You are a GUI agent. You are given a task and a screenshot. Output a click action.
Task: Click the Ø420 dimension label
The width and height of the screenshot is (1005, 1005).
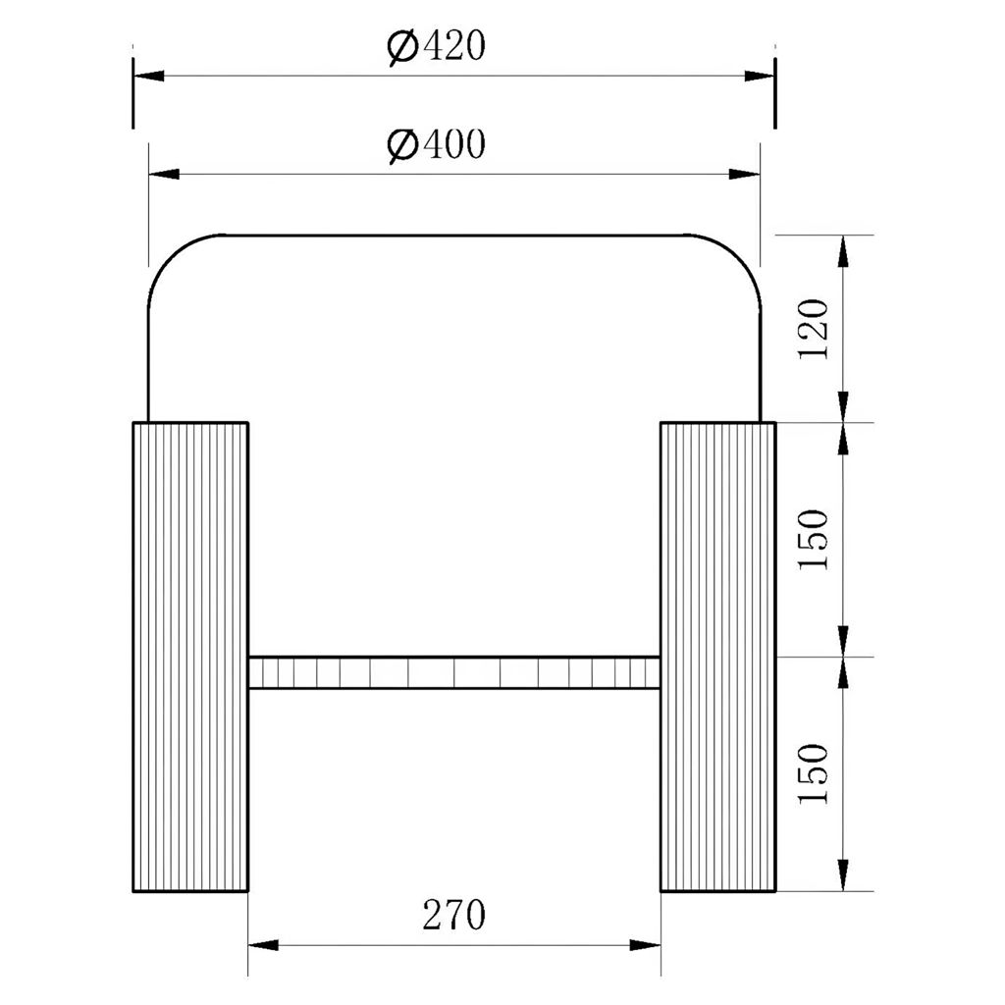(x=437, y=46)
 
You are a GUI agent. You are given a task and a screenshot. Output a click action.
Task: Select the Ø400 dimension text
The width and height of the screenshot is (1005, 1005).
(x=437, y=145)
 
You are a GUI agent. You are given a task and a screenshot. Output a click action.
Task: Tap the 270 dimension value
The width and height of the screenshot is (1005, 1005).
(x=453, y=915)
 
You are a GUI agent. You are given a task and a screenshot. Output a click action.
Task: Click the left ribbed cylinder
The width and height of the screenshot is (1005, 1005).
(x=190, y=657)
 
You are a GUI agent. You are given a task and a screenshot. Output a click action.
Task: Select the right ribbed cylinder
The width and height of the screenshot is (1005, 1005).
(x=717, y=657)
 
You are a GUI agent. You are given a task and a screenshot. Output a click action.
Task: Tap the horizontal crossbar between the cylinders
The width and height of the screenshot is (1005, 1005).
(x=454, y=672)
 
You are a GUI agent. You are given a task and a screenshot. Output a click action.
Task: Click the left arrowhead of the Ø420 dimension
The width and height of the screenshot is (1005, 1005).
(x=149, y=76)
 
